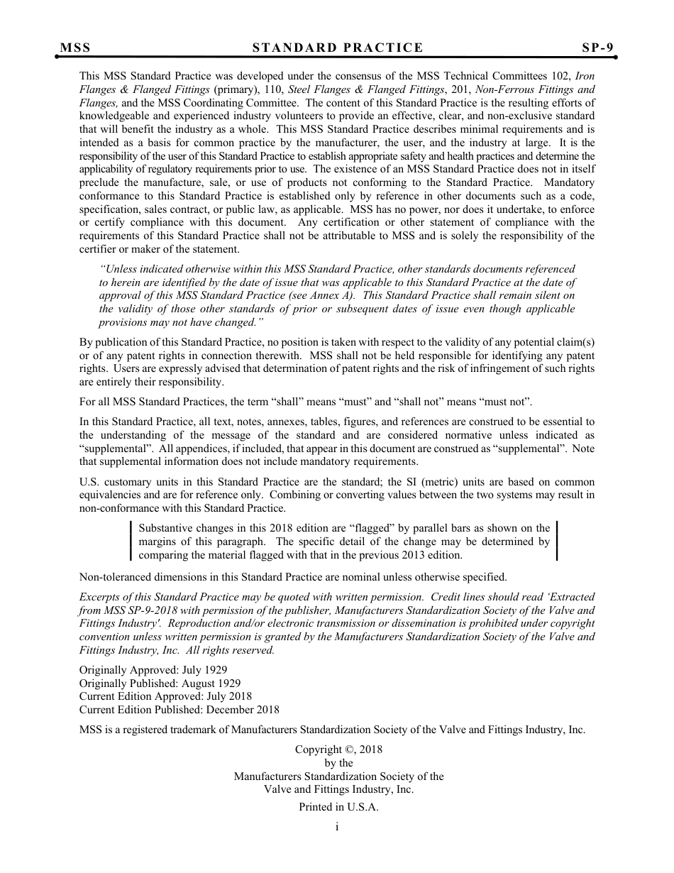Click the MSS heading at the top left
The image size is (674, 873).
[x=75, y=48]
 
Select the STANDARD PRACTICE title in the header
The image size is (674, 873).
[x=338, y=48]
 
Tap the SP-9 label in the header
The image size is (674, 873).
[x=597, y=48]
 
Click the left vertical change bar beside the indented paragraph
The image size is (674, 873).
[x=132, y=542]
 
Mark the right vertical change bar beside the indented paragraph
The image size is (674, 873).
[x=556, y=542]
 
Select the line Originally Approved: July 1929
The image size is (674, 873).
[x=153, y=669]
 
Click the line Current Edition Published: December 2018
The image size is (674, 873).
[x=179, y=709]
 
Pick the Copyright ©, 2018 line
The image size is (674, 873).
[x=338, y=750]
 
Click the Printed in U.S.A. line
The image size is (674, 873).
[x=338, y=807]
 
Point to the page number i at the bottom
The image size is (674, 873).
[x=337, y=827]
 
